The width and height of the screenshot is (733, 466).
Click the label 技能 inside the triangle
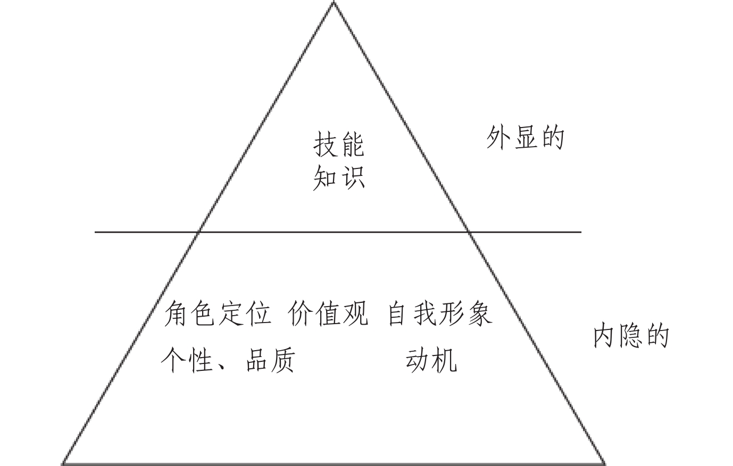339,145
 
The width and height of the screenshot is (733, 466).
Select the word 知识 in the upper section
339,177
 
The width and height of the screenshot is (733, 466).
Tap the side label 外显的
524,138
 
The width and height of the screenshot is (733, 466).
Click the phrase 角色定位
218,314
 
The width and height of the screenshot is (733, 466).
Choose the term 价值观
328,314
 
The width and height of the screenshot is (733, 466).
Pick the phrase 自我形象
439,314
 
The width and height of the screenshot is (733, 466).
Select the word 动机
430,360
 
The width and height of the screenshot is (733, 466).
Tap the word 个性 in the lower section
187,360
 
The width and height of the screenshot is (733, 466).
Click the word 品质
270,360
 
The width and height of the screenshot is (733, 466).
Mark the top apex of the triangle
334,3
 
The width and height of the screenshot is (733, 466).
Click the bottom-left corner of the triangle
63,463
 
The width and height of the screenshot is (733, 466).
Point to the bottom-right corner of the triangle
604,463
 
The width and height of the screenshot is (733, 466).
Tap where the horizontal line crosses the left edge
198,232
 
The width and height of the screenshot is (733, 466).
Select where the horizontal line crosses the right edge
469,232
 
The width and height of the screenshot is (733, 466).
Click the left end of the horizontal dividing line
96,232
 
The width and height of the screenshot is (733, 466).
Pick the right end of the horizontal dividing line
581,232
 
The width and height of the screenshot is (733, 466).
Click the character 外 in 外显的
498,138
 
